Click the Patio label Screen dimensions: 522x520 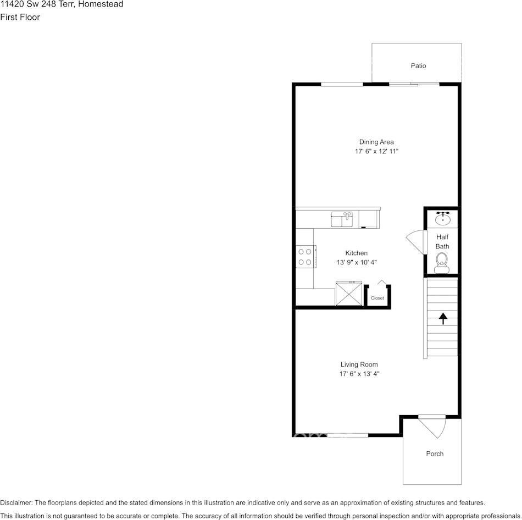[x=418, y=65]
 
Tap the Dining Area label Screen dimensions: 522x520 [x=376, y=142]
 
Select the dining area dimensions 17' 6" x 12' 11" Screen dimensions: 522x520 [x=376, y=151]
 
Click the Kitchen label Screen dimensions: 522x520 [x=356, y=253]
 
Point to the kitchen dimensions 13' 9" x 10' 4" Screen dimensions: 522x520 [x=357, y=262]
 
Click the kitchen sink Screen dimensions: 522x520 [x=342, y=219]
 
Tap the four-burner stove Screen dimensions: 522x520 [x=306, y=257]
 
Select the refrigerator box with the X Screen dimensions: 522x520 [x=348, y=293]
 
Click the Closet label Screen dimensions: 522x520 [x=377, y=298]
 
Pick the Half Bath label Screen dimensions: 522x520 [x=442, y=241]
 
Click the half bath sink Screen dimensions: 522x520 [x=443, y=219]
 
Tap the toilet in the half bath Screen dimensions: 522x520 [x=442, y=263]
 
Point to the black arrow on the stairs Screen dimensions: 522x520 [x=443, y=318]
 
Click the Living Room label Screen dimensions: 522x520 [x=359, y=364]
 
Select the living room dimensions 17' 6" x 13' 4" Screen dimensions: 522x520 [x=359, y=374]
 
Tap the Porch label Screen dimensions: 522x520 [x=435, y=453]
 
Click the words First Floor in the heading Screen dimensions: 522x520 [x=20, y=17]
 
